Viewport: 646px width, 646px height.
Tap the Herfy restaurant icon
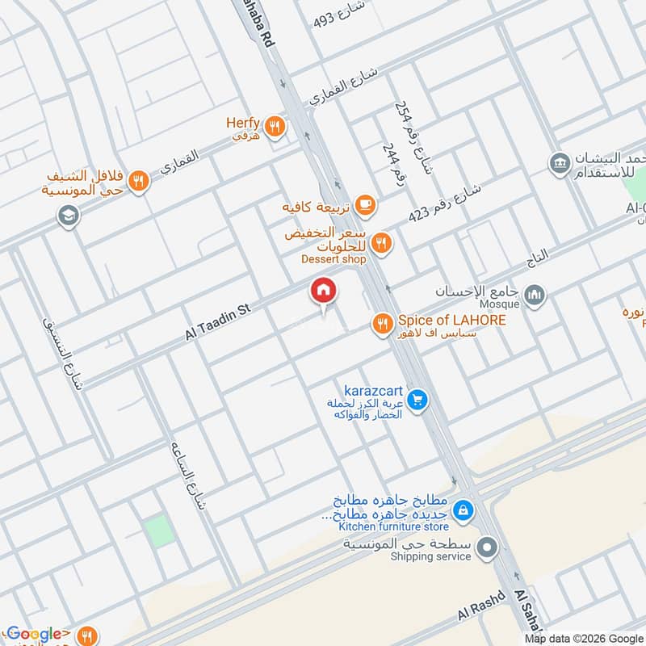tap(275, 126)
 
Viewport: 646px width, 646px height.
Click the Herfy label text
tap(242, 124)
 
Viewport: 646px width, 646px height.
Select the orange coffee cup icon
tap(365, 206)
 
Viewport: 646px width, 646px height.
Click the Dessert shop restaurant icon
tap(383, 241)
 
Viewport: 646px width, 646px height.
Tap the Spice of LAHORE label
tap(452, 321)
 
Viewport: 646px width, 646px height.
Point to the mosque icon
tap(534, 296)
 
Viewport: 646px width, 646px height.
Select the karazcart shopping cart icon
tap(417, 400)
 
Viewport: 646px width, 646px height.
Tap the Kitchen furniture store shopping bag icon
tap(464, 510)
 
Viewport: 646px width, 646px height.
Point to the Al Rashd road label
tap(480, 606)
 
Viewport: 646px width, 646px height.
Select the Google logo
tap(34, 635)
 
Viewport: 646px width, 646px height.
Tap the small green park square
tap(159, 531)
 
